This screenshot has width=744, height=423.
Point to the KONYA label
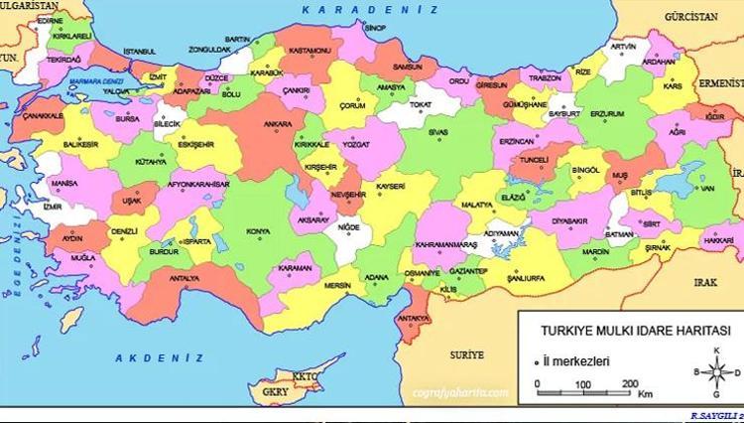[258, 232]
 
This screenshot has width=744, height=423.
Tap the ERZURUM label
[606, 113]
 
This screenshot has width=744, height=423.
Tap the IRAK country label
[705, 282]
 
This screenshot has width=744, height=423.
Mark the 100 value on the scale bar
[581, 383]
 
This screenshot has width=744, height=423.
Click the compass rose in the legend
[712, 371]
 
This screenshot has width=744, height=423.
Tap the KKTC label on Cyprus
[303, 376]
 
